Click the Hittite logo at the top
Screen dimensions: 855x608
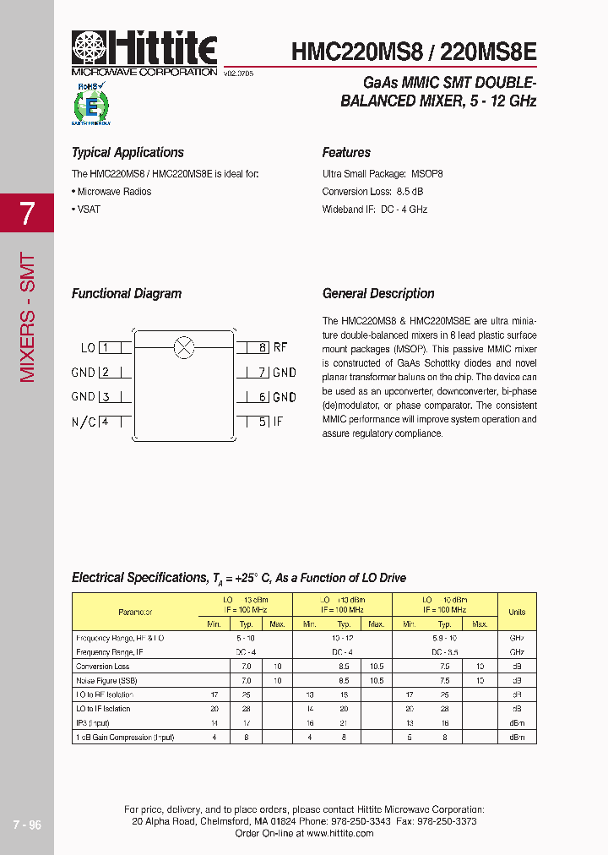point(144,49)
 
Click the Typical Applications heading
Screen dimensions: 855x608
point(128,153)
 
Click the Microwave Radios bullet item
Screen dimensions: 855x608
point(112,192)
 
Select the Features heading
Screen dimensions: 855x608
point(346,153)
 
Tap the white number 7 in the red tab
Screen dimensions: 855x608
point(27,214)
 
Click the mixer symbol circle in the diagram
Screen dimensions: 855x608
point(183,346)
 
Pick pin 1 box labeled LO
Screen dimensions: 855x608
point(108,347)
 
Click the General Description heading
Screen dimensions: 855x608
point(378,294)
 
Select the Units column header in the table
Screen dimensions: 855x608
point(517,612)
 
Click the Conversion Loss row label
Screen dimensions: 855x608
point(103,667)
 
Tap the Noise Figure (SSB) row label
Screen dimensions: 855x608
point(106,680)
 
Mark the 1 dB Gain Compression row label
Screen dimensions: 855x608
point(125,738)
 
